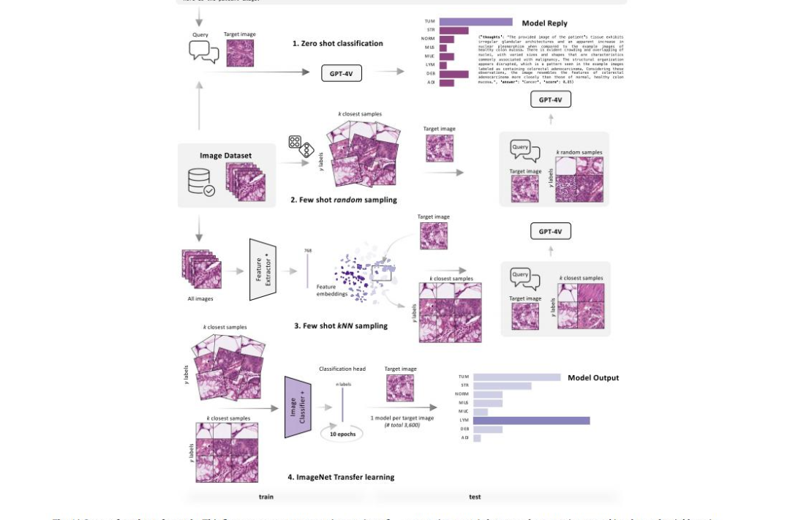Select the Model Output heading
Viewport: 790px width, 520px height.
pos(593,377)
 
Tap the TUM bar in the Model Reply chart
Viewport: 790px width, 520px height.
pos(475,22)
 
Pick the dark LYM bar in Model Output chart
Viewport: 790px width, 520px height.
pos(531,421)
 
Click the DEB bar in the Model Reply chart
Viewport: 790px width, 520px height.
pos(454,74)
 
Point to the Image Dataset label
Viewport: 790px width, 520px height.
pos(225,156)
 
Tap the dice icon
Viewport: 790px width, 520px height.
pos(300,146)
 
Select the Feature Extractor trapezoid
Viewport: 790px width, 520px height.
pos(265,269)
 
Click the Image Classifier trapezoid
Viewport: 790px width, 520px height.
pos(298,407)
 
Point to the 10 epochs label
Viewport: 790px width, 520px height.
pos(342,434)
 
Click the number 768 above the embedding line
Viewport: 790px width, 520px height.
pos(308,251)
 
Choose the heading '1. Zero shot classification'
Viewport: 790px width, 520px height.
pos(337,44)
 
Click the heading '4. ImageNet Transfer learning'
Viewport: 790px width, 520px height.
pos(341,478)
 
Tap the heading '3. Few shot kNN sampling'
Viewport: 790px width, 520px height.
pos(341,325)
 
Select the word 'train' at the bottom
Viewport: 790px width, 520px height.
pos(266,497)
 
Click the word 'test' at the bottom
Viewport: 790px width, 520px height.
pos(475,497)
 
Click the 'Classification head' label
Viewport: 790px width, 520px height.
pos(342,369)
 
